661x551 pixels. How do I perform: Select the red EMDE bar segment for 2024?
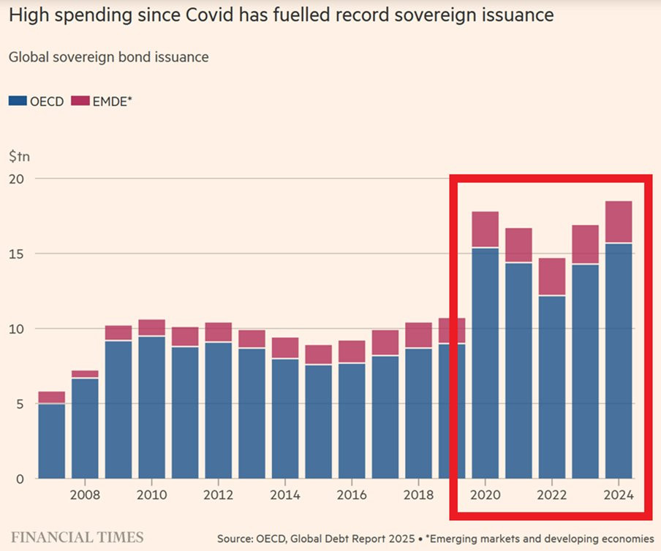[x=619, y=221]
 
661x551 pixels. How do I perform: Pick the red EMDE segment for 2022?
[x=552, y=276]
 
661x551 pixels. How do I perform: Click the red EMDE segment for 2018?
[x=418, y=335]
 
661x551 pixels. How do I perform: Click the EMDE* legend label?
[x=111, y=101]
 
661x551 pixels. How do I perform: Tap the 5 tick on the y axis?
[x=20, y=404]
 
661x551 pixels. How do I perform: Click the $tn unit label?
[x=20, y=156]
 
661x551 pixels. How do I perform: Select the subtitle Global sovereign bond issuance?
[x=108, y=57]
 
